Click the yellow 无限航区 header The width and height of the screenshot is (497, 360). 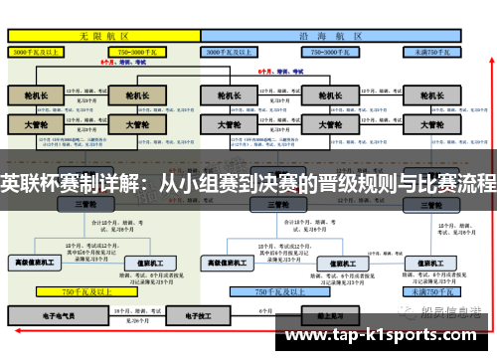click(x=100, y=35)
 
